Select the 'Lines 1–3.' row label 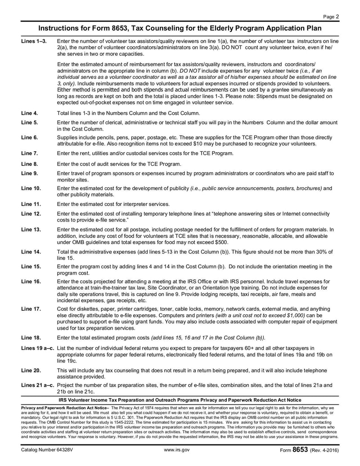[34, 41]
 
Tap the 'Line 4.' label [30, 113]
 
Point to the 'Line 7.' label [30, 153]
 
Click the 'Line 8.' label [30, 163]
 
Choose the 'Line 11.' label [31, 204]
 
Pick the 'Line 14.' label [31, 251]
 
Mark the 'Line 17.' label [31, 309]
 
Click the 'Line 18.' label [31, 337]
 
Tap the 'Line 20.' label [31, 370]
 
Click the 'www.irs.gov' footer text [177, 450]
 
